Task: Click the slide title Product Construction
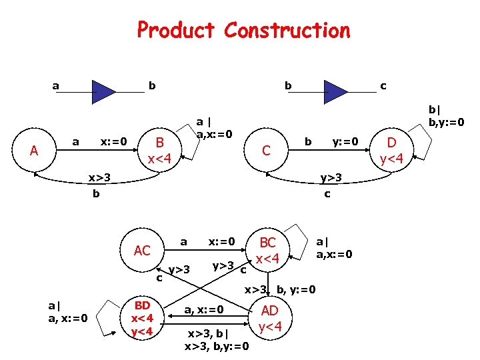click(243, 30)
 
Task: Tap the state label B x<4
click(159, 149)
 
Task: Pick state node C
click(266, 151)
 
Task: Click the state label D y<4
click(391, 150)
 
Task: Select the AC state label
click(142, 250)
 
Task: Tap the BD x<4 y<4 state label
click(142, 318)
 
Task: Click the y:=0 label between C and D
click(345, 141)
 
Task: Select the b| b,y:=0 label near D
click(446, 115)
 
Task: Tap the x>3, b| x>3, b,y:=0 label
click(218, 339)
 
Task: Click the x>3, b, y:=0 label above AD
click(280, 289)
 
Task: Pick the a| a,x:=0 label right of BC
click(334, 248)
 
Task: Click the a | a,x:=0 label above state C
click(213, 127)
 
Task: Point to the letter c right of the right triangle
click(383, 85)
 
